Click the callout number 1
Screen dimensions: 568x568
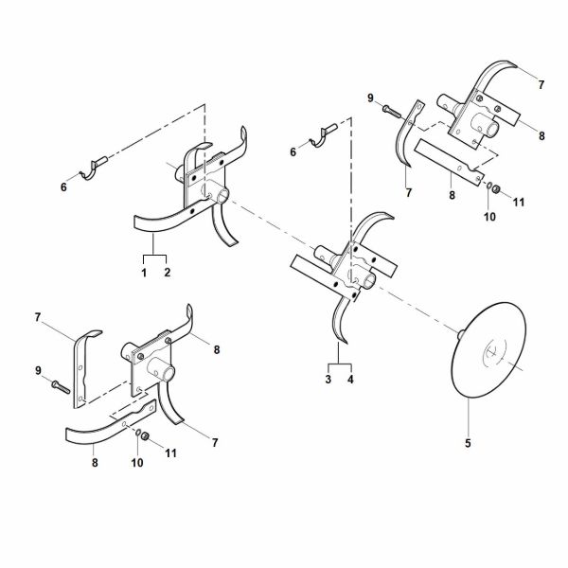[x=144, y=273]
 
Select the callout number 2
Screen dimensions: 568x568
[x=167, y=273]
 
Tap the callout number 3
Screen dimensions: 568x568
[x=328, y=380]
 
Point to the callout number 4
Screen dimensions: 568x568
[x=350, y=380]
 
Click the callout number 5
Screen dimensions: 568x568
[x=468, y=443]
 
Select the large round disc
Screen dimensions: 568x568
[x=489, y=349]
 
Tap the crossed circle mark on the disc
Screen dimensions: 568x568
[x=493, y=350]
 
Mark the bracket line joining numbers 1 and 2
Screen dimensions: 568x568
[x=155, y=256]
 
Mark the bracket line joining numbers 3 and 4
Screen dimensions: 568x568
[x=340, y=364]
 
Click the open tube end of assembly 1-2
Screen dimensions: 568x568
[x=222, y=196]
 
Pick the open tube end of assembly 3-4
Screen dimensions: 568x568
[x=369, y=281]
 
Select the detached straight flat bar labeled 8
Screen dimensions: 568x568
[x=449, y=162]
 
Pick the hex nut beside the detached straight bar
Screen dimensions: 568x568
[x=496, y=188]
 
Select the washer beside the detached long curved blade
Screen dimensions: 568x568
[x=138, y=433]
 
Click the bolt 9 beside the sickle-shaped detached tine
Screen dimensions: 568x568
[x=392, y=111]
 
